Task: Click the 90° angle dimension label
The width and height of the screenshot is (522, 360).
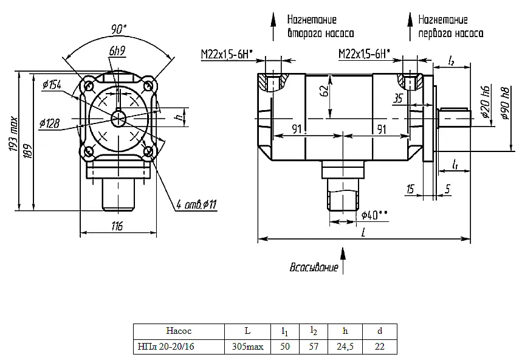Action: [x=119, y=29]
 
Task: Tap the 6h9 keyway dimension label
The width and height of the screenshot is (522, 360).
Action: [x=117, y=51]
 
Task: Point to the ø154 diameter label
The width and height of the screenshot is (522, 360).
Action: [x=52, y=85]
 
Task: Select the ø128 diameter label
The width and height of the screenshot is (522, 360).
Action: [x=50, y=123]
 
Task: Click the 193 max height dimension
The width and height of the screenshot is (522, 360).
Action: [x=13, y=134]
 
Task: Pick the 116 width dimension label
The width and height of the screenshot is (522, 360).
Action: [x=117, y=226]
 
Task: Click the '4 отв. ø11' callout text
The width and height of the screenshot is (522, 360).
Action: [x=196, y=204]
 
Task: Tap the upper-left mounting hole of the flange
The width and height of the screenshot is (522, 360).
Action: [x=89, y=86]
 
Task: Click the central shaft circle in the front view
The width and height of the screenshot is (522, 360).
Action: [x=118, y=119]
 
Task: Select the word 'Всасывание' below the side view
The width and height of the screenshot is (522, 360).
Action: [x=314, y=267]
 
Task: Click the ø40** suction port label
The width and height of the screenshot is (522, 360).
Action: [x=374, y=215]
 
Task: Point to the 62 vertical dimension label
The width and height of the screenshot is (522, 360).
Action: [x=325, y=90]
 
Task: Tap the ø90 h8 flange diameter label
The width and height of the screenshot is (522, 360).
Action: [x=505, y=103]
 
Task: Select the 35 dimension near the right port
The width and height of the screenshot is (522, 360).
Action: [x=398, y=99]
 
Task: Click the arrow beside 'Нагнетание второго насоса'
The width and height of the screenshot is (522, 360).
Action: [x=273, y=27]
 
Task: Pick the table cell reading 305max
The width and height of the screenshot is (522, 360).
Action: [x=248, y=347]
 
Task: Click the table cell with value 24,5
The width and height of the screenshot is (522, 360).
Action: [x=345, y=347]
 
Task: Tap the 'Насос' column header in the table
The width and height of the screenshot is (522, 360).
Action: [x=179, y=331]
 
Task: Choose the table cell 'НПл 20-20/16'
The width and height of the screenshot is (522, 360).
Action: [x=166, y=347]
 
